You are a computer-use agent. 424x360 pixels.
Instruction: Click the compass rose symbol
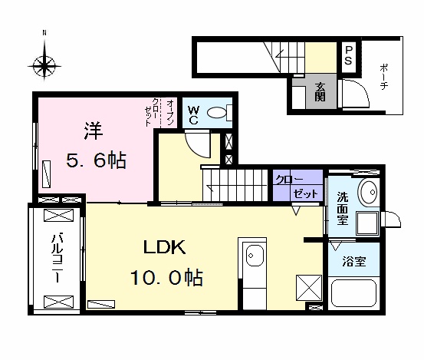[46, 62]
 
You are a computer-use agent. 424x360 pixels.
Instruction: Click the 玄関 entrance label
[320, 93]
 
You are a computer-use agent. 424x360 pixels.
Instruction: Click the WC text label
[192, 115]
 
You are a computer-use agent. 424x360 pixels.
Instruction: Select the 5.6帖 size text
[95, 161]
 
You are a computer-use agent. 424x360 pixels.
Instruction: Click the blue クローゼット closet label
[297, 185]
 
